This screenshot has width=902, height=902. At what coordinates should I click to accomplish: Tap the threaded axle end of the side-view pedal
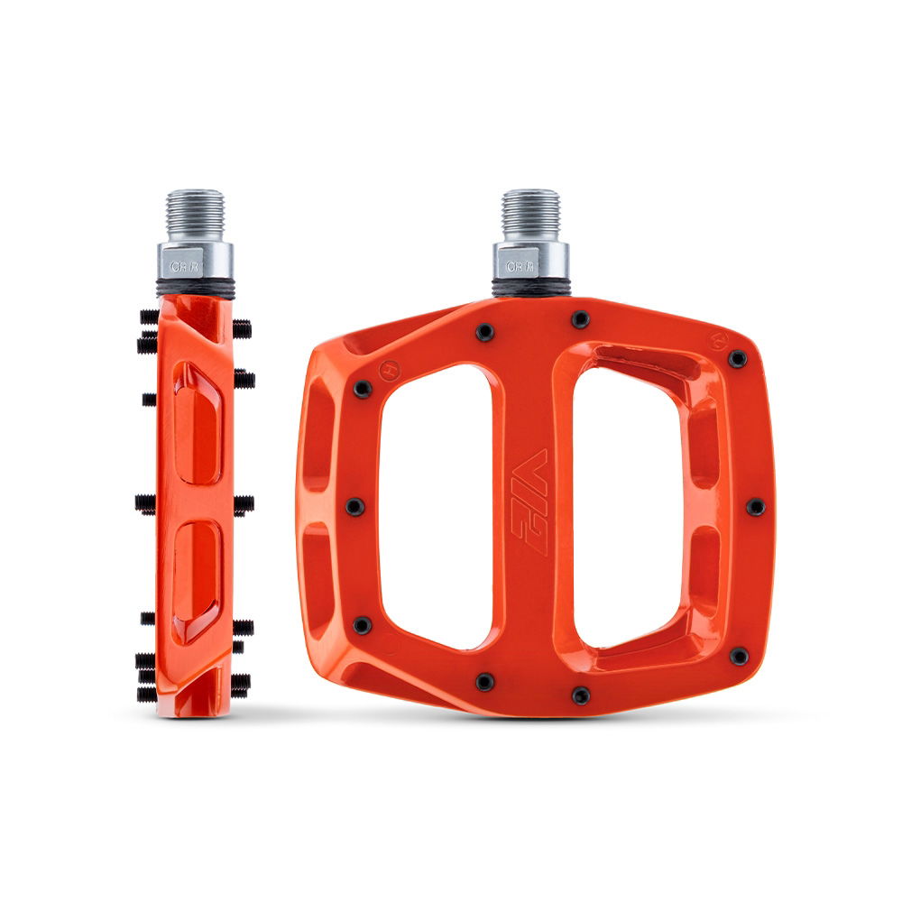(196, 215)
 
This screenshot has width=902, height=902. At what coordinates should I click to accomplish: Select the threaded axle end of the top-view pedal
(530, 215)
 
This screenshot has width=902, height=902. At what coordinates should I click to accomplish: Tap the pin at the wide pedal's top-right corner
(738, 359)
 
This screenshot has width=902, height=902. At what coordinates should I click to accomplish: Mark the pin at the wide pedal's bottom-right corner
(739, 657)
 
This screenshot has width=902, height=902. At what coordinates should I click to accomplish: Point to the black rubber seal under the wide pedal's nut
(530, 291)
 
